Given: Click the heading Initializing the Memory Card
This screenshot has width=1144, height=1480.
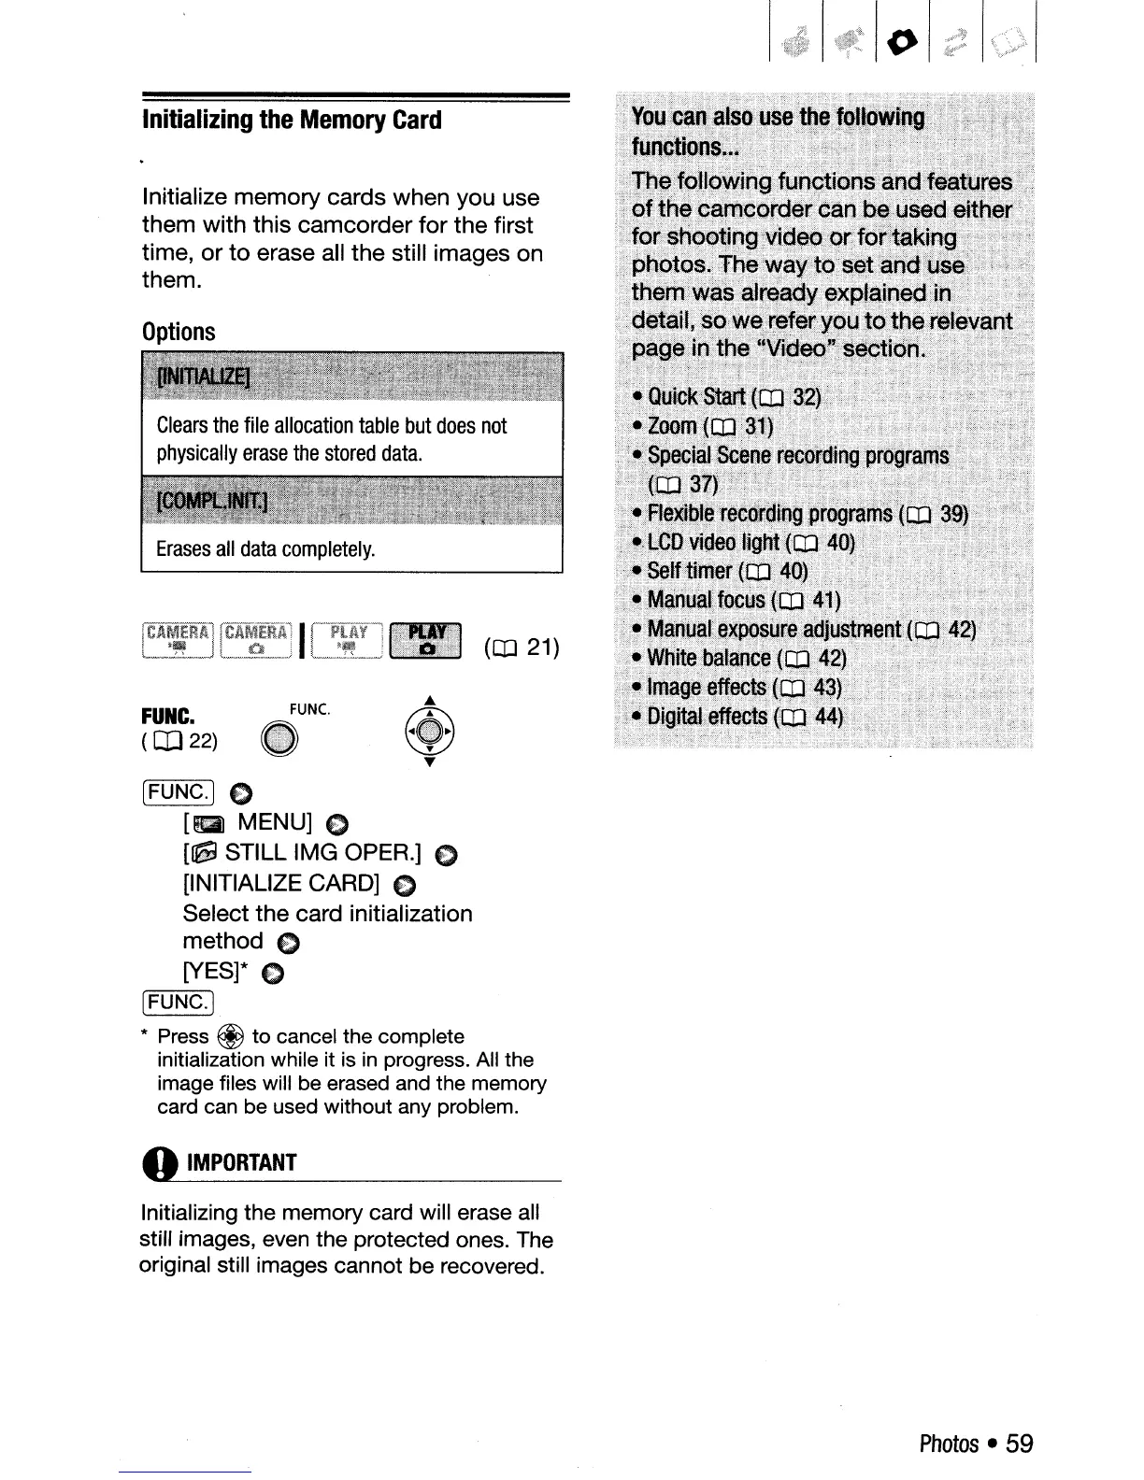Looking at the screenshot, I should click(292, 121).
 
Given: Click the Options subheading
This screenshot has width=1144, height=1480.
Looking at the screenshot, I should click(179, 332).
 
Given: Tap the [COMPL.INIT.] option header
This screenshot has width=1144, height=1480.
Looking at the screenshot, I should click(212, 502).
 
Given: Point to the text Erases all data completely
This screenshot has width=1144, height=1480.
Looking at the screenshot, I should click(265, 548).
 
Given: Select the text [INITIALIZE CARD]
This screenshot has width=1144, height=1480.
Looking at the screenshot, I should click(281, 884).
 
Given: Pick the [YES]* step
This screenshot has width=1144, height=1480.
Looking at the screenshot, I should click(220, 973).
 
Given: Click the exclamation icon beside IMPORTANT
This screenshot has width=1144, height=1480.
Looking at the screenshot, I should click(160, 1163).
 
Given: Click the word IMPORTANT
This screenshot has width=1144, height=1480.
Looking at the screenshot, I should click(241, 1163).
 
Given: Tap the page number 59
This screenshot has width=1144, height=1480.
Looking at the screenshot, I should click(1020, 1444).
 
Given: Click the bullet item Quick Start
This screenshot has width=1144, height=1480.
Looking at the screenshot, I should click(726, 397).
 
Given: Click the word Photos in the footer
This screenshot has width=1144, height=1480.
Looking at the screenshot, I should click(949, 1444).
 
